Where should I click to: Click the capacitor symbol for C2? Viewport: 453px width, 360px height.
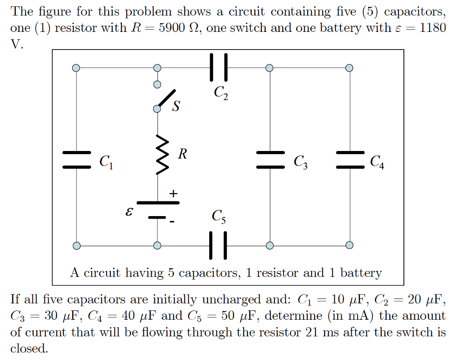[219, 67]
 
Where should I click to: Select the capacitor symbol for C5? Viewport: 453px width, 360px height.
[219, 245]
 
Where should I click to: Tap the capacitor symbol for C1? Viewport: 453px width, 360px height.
[77, 160]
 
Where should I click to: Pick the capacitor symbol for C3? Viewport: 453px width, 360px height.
[270, 160]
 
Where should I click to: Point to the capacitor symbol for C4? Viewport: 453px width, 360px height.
[349, 160]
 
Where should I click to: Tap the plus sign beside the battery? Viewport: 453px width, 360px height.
[173, 194]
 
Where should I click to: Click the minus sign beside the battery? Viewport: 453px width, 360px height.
[172, 221]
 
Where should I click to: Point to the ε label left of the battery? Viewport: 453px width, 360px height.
[129, 212]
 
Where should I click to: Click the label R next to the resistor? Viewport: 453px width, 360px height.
[182, 154]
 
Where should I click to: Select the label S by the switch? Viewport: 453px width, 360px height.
[176, 107]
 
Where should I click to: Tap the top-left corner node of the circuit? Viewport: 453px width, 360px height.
[77, 68]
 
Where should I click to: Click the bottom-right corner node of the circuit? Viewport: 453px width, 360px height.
[349, 245]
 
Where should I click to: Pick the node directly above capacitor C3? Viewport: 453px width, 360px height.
[270, 68]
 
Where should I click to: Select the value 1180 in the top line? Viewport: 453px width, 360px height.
[432, 28]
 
